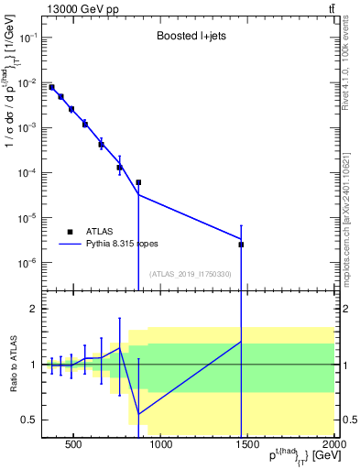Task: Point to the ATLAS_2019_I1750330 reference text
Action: pyautogui.click(x=188, y=274)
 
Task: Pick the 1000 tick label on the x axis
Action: pyautogui.click(x=160, y=447)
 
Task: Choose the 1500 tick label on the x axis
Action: pyautogui.click(x=247, y=447)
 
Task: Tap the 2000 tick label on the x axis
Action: pyautogui.click(x=333, y=447)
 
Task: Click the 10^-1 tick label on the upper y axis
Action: pyautogui.click(x=27, y=38)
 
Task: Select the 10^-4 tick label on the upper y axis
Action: pyautogui.click(x=27, y=173)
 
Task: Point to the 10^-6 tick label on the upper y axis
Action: pyautogui.click(x=27, y=263)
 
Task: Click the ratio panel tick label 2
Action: pyautogui.click(x=33, y=309)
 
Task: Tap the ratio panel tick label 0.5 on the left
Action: pyautogui.click(x=29, y=420)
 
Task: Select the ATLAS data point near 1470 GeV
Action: pyautogui.click(x=241, y=245)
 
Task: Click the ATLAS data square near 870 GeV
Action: pyautogui.click(x=138, y=182)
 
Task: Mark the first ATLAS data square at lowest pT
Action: pyautogui.click(x=51, y=87)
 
